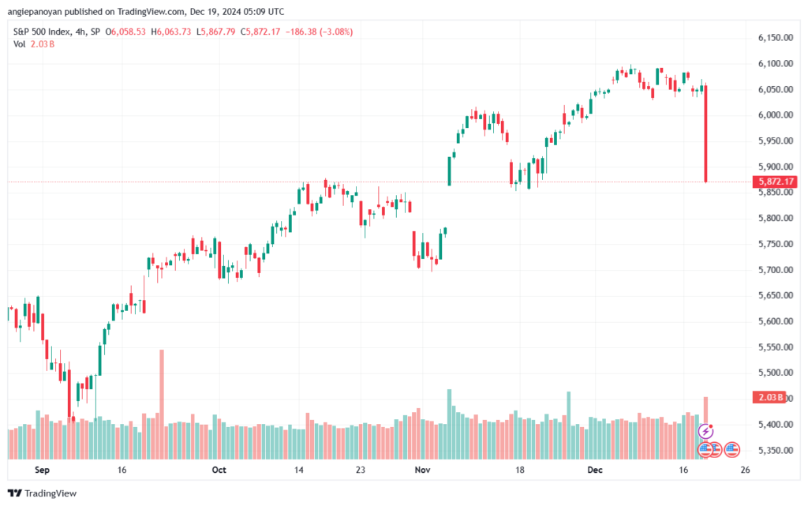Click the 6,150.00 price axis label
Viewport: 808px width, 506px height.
coord(774,38)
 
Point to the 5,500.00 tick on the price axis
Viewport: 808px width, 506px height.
coord(774,373)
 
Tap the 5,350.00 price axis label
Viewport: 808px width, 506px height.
coord(774,451)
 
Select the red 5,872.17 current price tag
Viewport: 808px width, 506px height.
coord(776,182)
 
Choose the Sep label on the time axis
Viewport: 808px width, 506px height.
coord(43,470)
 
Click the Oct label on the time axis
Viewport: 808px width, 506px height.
coord(219,470)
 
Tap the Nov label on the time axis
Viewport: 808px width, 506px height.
coord(421,470)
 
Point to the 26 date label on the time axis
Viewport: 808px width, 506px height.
coord(745,470)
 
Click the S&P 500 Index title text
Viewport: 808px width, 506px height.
coord(45,32)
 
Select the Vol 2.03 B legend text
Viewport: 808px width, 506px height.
coord(34,44)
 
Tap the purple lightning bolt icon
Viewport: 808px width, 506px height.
coord(706,431)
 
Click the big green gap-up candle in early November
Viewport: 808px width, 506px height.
coord(449,171)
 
